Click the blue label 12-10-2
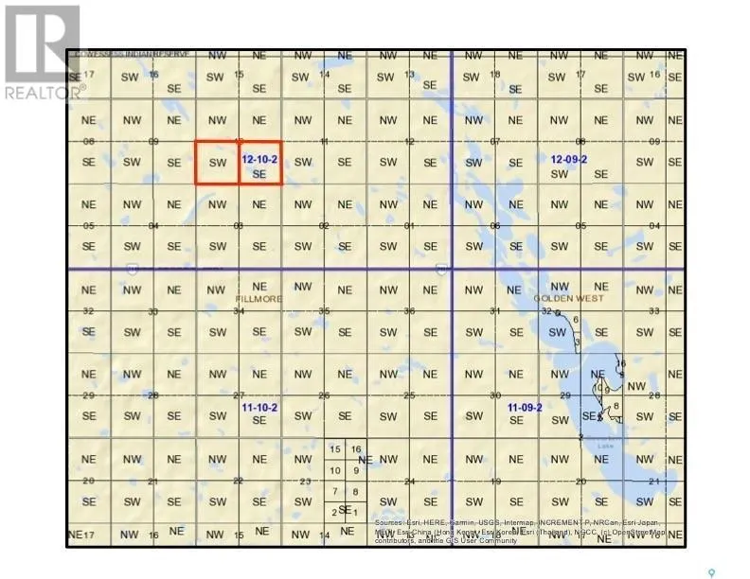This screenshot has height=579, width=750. tap(259, 159)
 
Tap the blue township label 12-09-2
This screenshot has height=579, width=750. tap(568, 159)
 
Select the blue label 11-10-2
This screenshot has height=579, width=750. tap(259, 407)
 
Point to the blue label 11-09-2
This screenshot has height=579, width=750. tap(524, 407)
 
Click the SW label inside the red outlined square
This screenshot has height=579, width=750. tap(217, 163)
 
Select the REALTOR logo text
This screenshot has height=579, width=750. tap(45, 92)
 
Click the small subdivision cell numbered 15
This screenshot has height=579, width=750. tap(334, 448)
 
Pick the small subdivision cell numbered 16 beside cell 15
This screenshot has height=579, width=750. tap(356, 448)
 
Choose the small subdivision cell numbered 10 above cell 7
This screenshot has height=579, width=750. tap(334, 469)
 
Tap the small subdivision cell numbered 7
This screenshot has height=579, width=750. tap(334, 491)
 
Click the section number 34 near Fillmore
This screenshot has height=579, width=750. tap(240, 310)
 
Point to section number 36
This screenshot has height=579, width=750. tap(409, 310)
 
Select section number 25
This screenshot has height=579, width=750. tap(409, 395)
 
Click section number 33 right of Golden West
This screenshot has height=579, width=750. tap(654, 310)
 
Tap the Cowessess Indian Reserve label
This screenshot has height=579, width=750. tap(132, 55)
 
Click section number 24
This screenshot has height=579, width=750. tap(409, 481)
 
